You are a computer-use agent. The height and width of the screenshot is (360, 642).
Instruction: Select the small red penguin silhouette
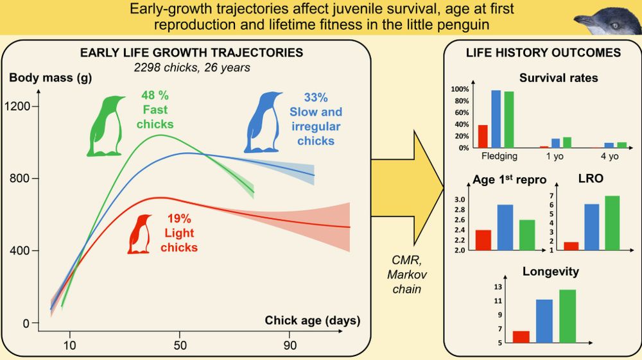pyautogui.click(x=141, y=234)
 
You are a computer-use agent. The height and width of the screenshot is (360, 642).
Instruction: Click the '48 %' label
pyautogui.click(x=155, y=95)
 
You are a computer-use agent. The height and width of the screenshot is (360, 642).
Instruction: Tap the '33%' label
pyautogui.click(x=316, y=98)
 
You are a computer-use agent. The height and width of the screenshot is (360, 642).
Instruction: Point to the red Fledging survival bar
pyautogui.click(x=483, y=136)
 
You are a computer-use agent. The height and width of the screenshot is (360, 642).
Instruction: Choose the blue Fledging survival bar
pyautogui.click(x=496, y=119)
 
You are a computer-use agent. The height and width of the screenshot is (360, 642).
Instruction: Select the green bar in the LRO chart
pyautogui.click(x=612, y=223)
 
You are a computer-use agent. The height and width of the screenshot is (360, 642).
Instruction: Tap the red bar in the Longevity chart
pyautogui.click(x=521, y=337)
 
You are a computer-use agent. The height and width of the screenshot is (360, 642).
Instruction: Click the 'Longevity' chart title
pyautogui.click(x=550, y=271)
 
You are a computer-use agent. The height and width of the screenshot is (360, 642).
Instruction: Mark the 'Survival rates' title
pyautogui.click(x=558, y=78)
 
